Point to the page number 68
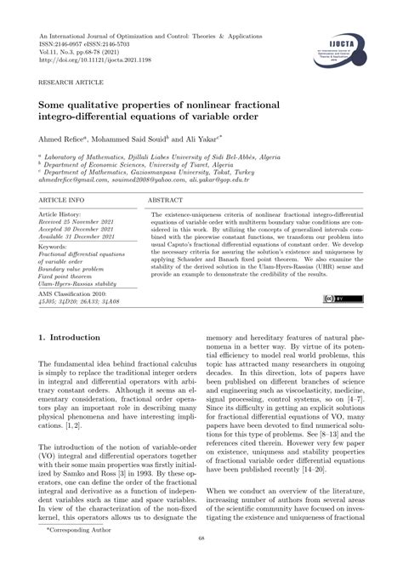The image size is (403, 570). point(201,561)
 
